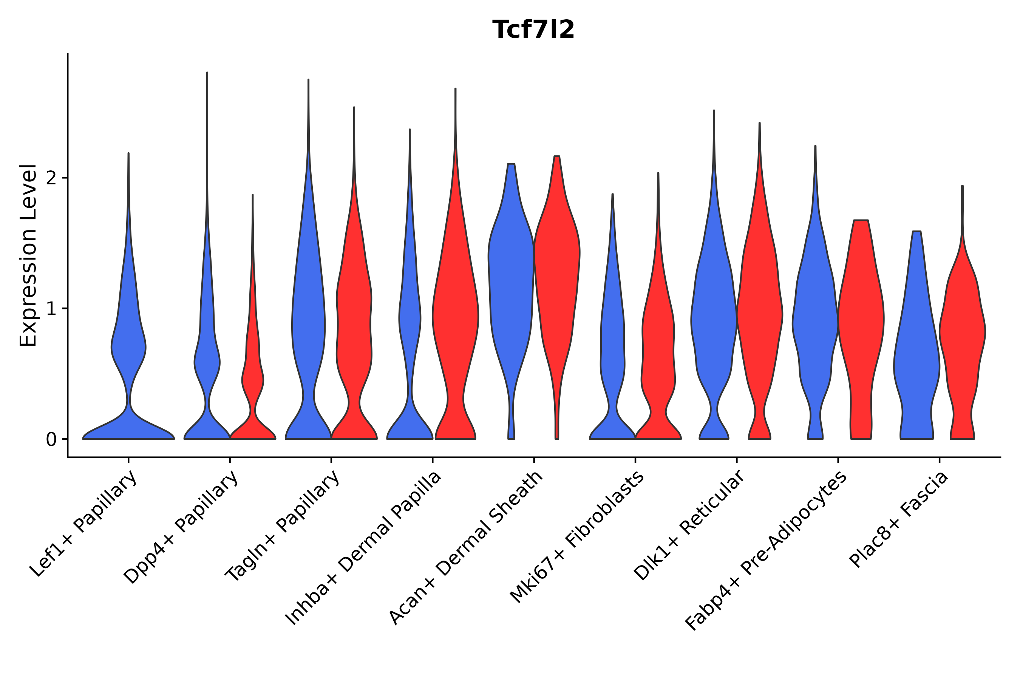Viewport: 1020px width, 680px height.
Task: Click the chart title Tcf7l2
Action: pos(533,30)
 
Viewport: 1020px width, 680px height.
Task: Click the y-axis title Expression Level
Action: pos(28,255)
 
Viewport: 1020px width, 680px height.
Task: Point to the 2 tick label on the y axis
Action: pos(51,178)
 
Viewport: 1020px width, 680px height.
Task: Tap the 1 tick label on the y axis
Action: pos(51,309)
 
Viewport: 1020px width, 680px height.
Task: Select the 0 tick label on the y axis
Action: pos(51,440)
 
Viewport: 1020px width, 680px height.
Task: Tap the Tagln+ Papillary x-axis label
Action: pos(282,527)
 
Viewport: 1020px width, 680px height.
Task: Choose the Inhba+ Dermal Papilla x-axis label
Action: pos(363,549)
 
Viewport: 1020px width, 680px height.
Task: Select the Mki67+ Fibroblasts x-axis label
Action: pos(577,538)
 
